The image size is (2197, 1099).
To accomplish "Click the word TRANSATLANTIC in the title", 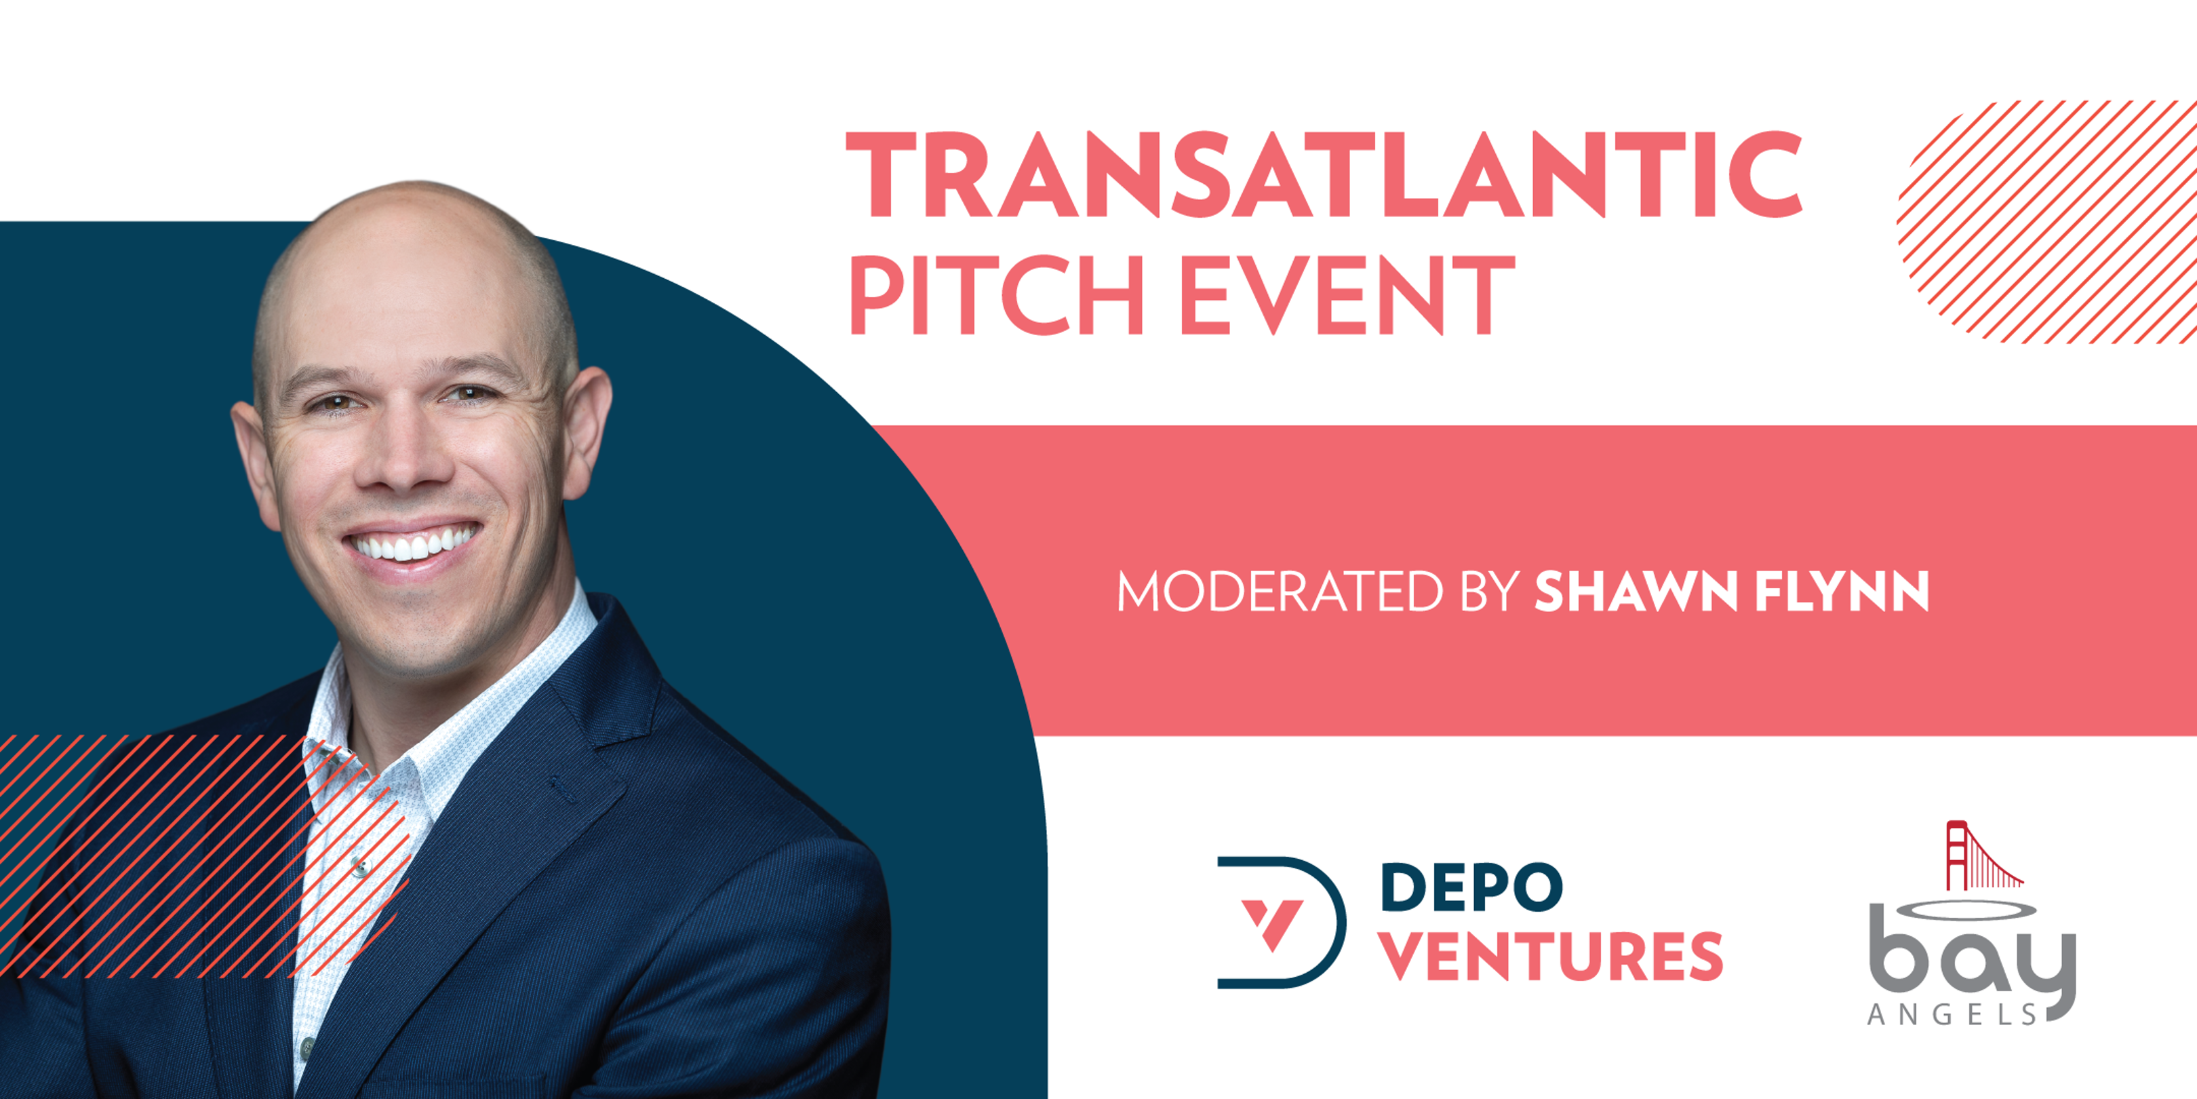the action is tap(1323, 174).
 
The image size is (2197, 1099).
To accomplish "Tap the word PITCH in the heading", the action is tap(996, 295).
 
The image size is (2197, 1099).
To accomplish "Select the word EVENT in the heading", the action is tap(1347, 295).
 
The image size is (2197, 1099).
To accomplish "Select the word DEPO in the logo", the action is tap(1471, 887).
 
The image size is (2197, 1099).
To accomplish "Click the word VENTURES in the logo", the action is tap(1551, 957).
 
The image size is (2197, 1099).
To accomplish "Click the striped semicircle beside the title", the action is tap(2047, 222).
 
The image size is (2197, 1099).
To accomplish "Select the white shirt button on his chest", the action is tap(361, 868).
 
